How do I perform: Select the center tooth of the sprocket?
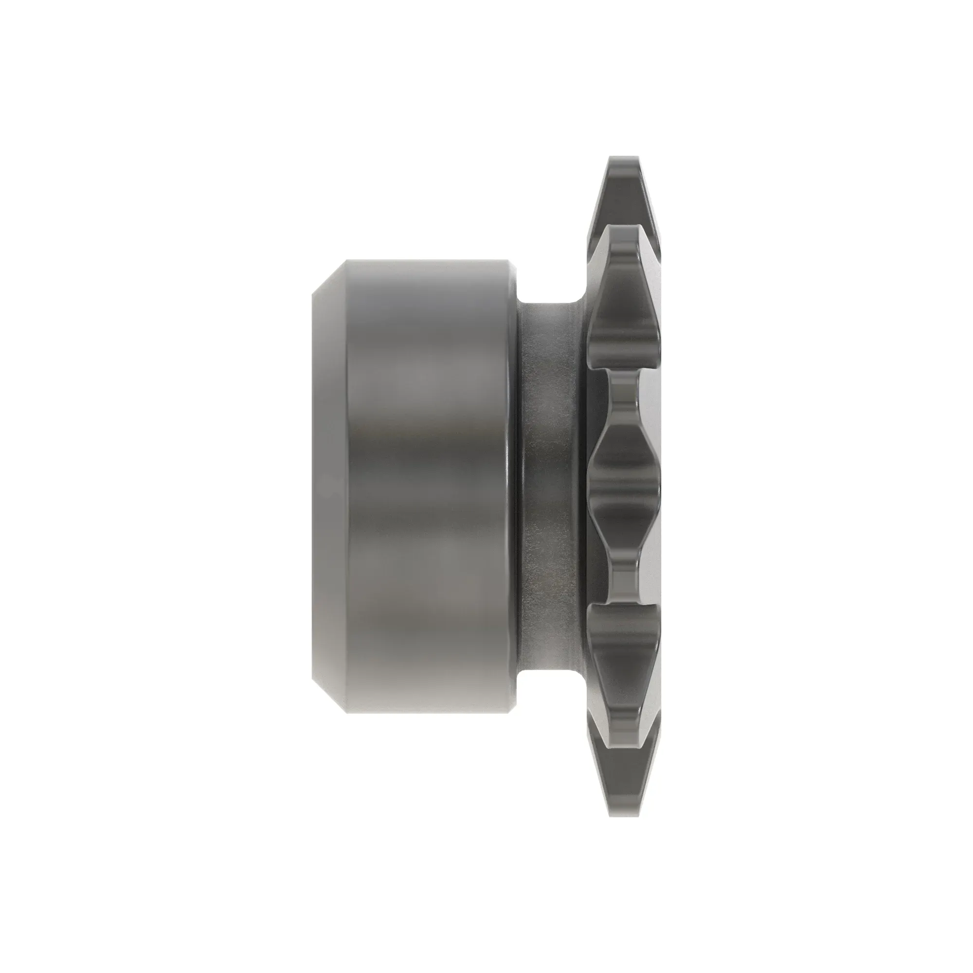tap(625, 486)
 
